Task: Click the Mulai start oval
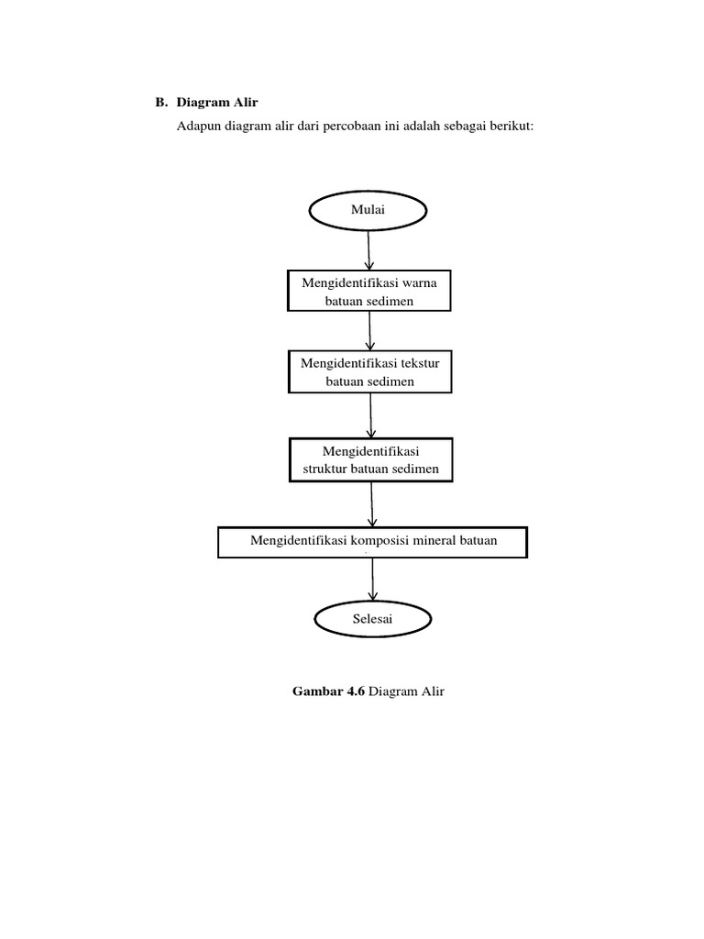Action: point(368,211)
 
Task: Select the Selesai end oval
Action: point(372,620)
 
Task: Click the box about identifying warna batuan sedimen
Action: point(369,292)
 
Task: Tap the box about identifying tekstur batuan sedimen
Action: point(369,372)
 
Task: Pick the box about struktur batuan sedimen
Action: point(371,460)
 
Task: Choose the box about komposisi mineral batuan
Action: point(373,541)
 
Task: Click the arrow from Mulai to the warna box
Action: point(368,249)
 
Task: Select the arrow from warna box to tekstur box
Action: point(369,330)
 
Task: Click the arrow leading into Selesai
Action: point(373,580)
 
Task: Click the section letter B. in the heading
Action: point(161,103)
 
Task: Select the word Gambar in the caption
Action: point(314,691)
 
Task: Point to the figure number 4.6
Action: point(354,691)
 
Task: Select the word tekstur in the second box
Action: point(416,363)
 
